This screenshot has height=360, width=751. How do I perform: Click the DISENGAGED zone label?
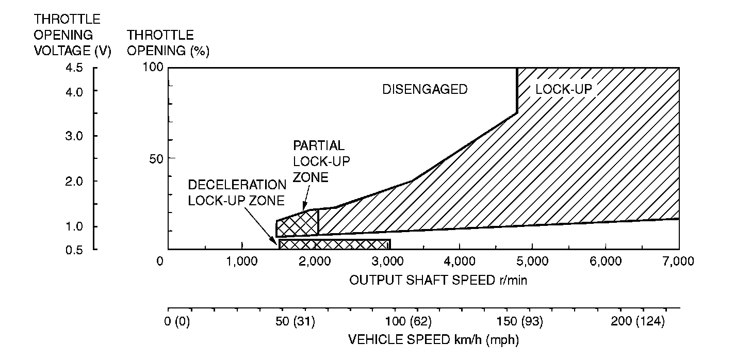pos(425,90)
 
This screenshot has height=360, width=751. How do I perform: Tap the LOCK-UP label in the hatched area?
pos(565,90)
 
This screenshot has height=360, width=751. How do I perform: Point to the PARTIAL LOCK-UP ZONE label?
pos(321,161)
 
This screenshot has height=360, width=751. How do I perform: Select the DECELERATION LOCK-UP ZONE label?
pos(237,192)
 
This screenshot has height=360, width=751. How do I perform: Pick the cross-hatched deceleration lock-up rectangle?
pos(334,244)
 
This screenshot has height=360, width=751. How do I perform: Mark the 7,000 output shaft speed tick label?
pos(678,261)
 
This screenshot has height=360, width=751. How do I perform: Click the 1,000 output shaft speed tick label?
pos(241,261)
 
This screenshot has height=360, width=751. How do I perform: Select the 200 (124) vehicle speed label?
pos(638,322)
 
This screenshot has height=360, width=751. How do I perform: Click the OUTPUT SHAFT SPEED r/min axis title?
pos(438,280)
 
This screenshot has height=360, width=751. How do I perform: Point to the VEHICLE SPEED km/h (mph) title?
pos(433,340)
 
